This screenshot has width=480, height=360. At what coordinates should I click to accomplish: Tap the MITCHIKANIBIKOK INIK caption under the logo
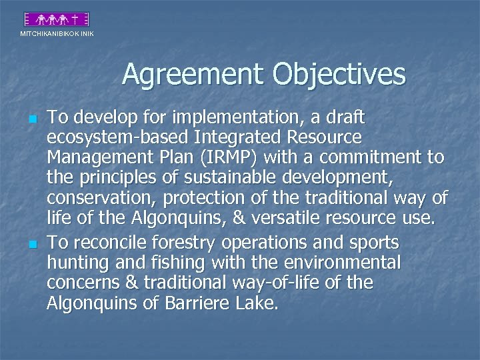click(x=57, y=33)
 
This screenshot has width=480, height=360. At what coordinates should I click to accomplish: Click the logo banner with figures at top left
click(x=56, y=19)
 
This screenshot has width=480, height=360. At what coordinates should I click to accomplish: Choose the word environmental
click(x=346, y=263)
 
